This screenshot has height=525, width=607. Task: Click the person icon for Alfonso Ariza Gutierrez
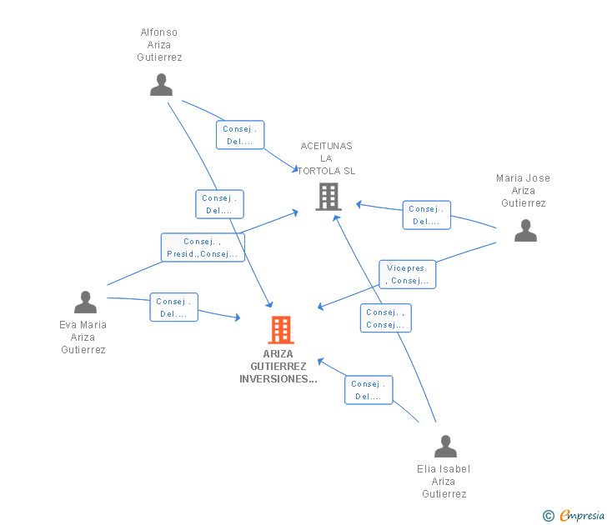click(161, 85)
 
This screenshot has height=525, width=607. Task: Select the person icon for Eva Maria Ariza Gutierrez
click(85, 302)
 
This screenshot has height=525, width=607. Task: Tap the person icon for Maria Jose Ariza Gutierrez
click(525, 231)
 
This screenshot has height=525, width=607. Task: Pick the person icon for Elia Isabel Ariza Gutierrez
click(445, 447)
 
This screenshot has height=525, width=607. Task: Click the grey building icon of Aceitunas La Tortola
click(329, 197)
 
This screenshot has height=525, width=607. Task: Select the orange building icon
click(281, 330)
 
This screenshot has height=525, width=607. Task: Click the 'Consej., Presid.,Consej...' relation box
click(203, 247)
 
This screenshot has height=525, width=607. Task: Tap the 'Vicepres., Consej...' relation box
click(407, 274)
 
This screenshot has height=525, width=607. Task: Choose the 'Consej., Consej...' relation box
click(385, 318)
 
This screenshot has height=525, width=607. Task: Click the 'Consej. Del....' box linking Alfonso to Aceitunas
click(240, 135)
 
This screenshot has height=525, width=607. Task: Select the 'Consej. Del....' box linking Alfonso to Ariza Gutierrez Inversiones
click(219, 204)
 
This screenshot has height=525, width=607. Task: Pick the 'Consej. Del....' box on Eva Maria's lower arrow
click(173, 307)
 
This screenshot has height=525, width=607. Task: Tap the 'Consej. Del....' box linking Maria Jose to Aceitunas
click(427, 215)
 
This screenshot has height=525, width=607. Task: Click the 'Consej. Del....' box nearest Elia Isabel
click(369, 390)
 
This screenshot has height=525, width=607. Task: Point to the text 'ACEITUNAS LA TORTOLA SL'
click(326, 158)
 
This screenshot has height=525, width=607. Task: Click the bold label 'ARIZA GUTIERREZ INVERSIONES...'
click(278, 367)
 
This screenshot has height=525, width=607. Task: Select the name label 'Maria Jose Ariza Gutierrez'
click(523, 191)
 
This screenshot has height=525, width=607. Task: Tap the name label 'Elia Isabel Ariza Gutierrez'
click(444, 482)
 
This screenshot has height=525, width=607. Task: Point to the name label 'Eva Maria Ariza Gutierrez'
click(83, 337)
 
